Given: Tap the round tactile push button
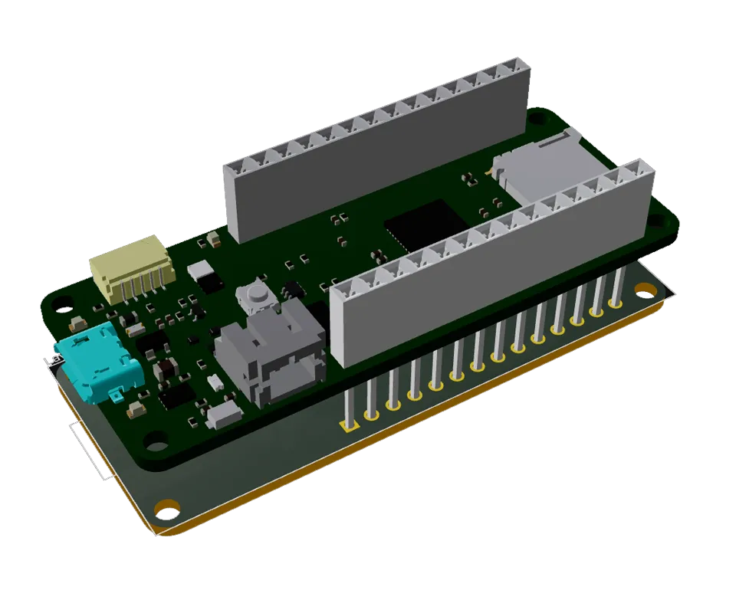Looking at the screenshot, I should click(256, 293).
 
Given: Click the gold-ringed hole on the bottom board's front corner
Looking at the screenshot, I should click(166, 507).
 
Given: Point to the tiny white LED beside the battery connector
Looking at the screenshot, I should click(216, 382).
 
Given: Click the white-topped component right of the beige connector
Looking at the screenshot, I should click(201, 269).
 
